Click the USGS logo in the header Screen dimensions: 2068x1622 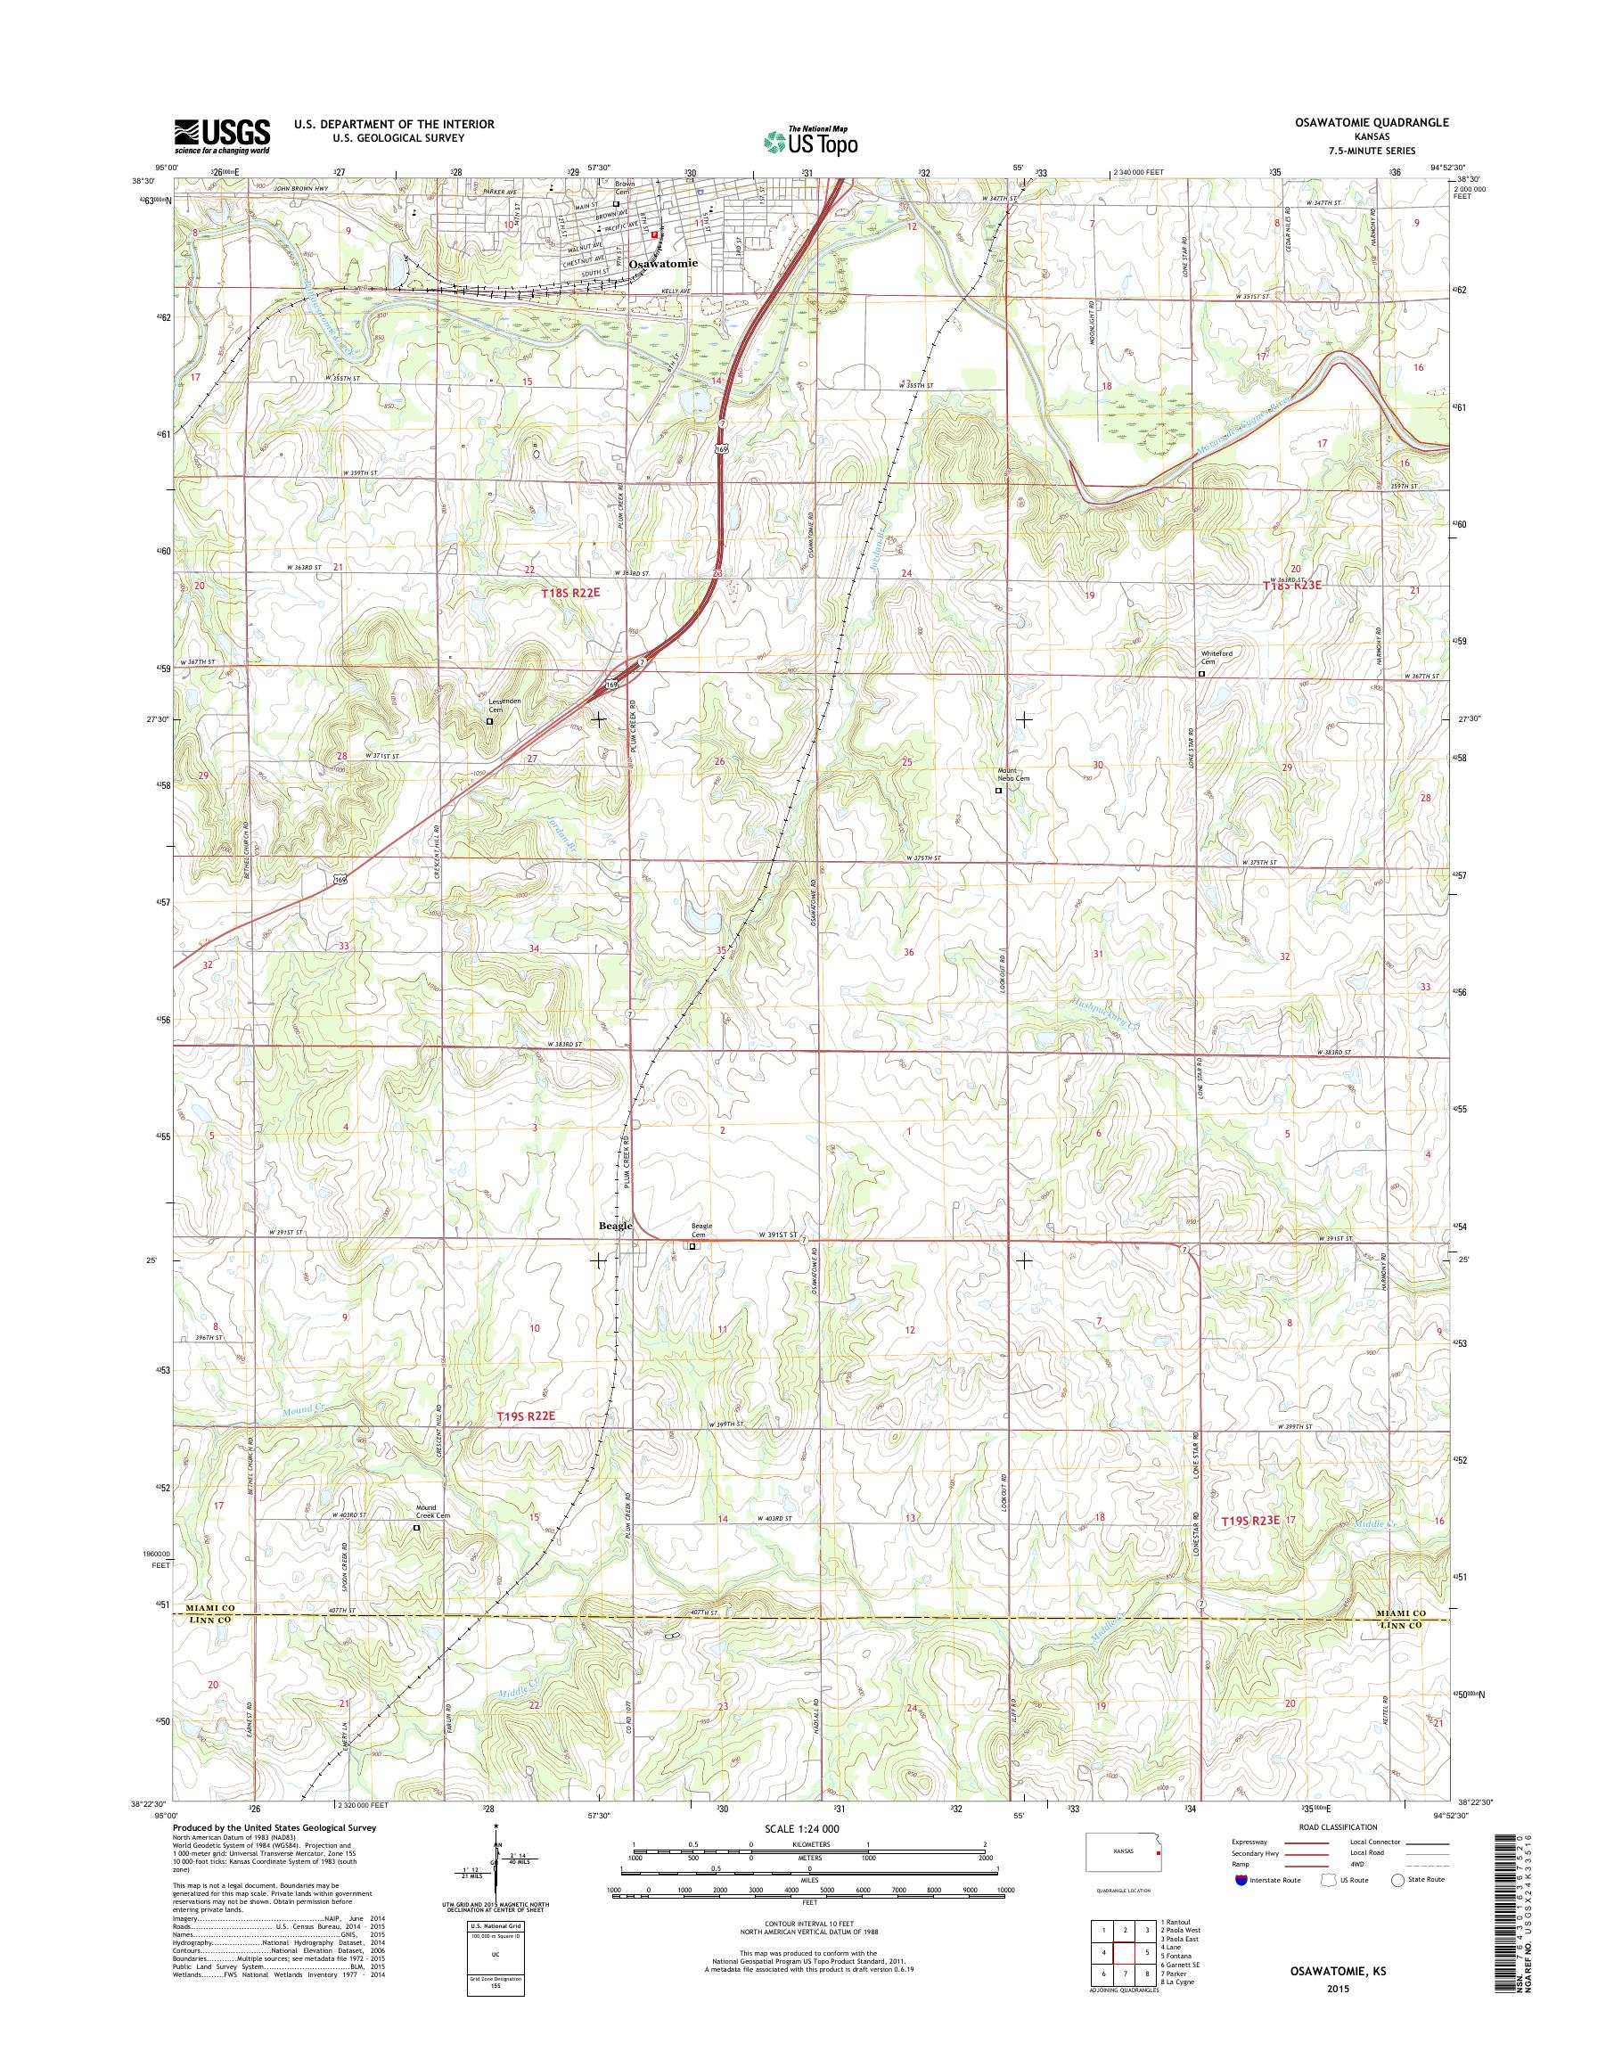tap(220, 135)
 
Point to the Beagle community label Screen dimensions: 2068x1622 tap(614, 1226)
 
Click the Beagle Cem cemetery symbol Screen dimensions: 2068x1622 tap(692, 1245)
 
